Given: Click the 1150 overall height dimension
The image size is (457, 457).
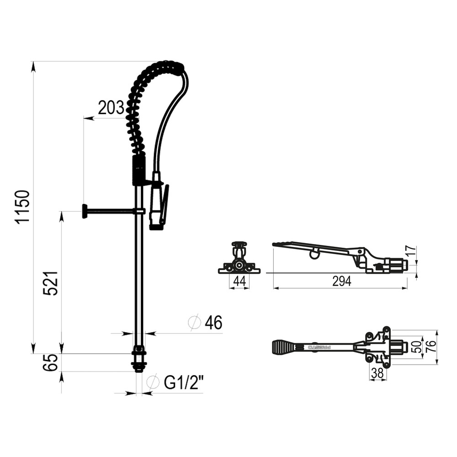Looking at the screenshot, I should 22,206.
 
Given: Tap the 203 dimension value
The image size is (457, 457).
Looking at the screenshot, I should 111,108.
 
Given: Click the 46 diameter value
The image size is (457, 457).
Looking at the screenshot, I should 213,323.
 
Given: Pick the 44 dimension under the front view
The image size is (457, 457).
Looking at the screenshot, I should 239,282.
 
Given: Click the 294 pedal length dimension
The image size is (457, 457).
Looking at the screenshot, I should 342,282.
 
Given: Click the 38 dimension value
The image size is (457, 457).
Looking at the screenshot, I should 377,373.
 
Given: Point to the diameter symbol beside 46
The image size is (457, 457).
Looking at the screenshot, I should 195,323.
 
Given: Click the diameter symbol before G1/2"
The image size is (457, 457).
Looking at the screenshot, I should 153,382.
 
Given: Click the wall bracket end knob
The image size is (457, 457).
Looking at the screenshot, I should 85,211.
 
